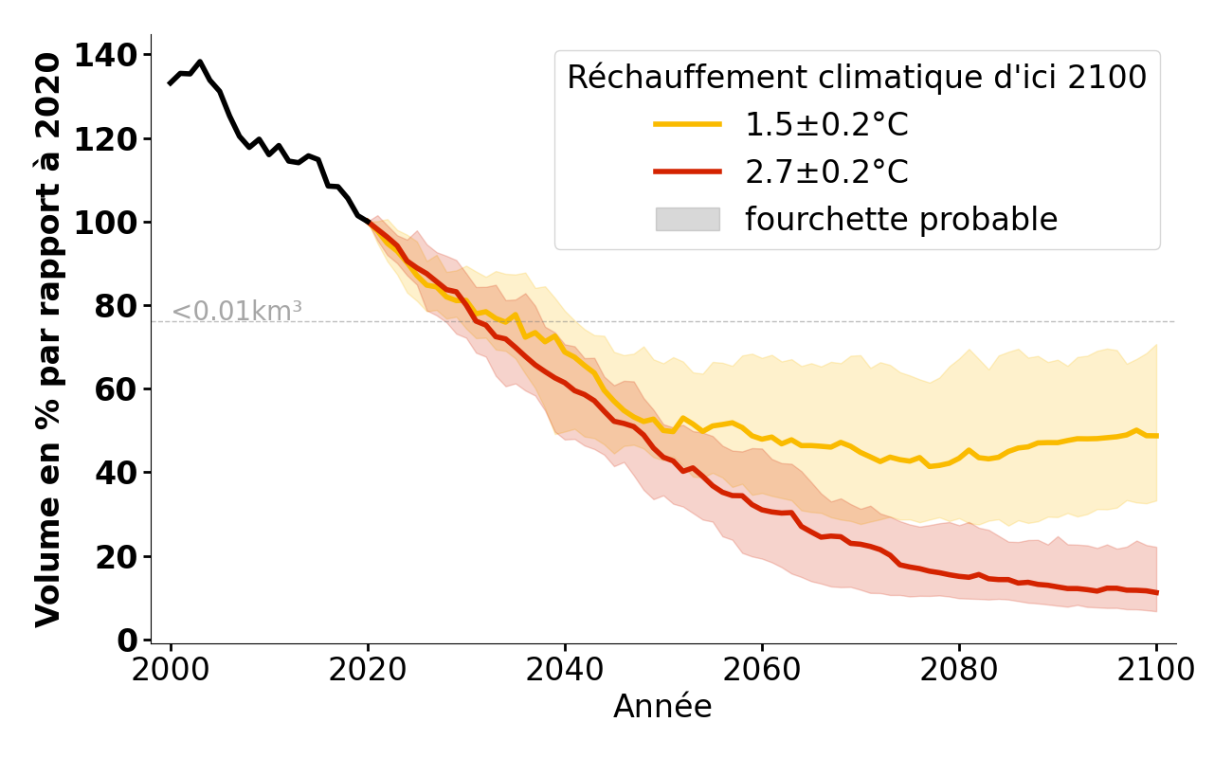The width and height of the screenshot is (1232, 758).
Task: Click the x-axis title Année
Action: coord(662,707)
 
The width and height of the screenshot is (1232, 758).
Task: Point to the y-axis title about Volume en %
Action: coord(48,339)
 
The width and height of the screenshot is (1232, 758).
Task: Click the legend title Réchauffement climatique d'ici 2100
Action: coord(857,78)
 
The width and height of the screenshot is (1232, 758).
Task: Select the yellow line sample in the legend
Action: coord(687,124)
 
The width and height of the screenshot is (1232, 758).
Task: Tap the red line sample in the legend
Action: coord(687,171)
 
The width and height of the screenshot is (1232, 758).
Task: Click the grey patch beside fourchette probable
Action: coord(687,219)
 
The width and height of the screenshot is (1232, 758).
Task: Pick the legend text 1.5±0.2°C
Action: coord(826,125)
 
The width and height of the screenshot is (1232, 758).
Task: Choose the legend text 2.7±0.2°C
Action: coord(826,172)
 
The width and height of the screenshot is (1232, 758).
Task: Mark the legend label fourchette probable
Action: coord(900,220)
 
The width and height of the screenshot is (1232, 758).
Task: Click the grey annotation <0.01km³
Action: coord(237,311)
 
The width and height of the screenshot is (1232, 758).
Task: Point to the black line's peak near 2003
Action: coord(200,63)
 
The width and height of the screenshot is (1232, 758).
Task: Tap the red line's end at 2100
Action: coord(1156,592)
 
